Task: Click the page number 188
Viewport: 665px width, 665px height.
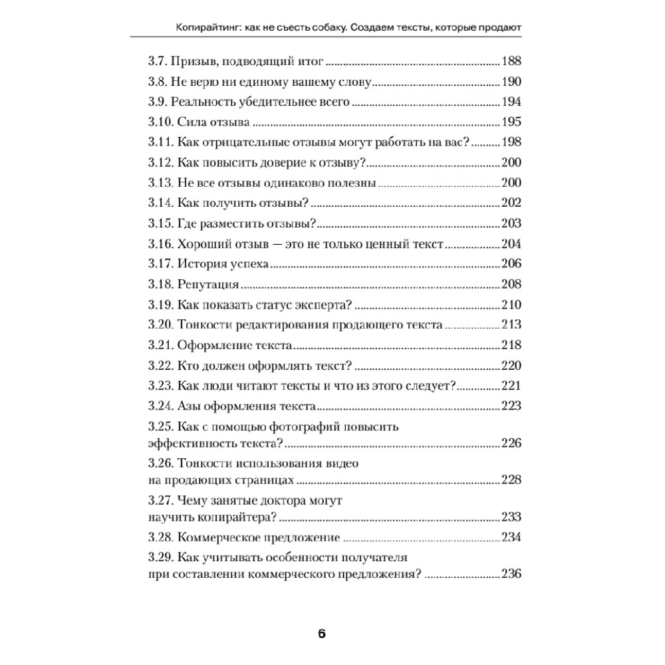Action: point(511,62)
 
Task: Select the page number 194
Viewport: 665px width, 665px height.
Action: point(511,103)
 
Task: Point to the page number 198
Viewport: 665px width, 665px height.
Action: point(511,142)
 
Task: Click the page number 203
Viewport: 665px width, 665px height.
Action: point(511,223)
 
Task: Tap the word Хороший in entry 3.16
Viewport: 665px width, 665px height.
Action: point(205,243)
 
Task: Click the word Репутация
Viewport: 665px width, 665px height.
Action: point(208,285)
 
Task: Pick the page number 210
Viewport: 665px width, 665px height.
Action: point(511,305)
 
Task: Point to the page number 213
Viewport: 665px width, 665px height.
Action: point(511,325)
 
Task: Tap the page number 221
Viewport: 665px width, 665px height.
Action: point(511,386)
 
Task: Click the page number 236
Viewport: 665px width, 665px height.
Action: point(511,574)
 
